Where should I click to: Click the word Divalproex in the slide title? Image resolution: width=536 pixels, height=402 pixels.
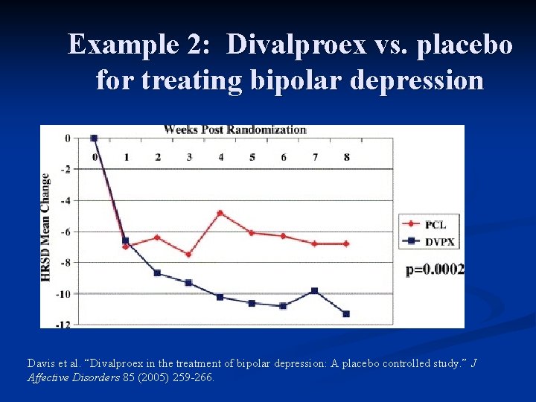point(296,45)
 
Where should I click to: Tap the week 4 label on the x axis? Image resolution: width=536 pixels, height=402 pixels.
point(220,157)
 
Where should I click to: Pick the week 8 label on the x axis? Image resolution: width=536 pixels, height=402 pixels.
point(346,157)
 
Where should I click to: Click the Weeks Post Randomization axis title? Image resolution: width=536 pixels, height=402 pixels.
point(234,130)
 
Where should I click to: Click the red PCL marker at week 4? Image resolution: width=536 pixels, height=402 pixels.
point(220,212)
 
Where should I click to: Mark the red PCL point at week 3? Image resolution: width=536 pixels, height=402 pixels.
point(189,255)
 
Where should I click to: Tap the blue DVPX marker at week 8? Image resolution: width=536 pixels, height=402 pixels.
point(346,314)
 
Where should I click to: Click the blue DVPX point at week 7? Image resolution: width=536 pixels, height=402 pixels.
point(315,291)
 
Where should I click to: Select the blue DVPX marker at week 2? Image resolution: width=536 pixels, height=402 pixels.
point(157,273)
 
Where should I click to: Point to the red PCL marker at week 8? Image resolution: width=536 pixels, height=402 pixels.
point(346,243)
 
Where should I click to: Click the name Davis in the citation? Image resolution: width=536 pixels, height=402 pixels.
point(42,363)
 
